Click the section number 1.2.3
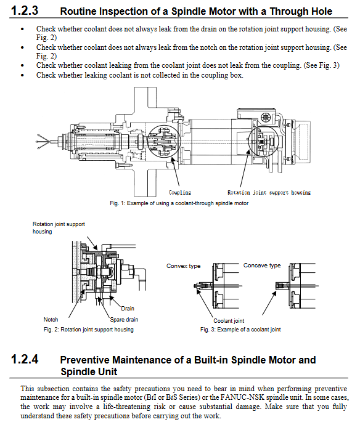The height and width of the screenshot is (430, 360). [x=25, y=10]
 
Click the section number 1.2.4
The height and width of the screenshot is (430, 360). [x=25, y=359]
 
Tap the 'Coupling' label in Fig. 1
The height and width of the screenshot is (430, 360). [x=180, y=193]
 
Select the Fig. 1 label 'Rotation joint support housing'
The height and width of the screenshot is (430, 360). [x=269, y=193]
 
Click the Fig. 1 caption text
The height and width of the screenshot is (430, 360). [x=179, y=203]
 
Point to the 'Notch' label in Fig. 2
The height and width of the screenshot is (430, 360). [x=51, y=320]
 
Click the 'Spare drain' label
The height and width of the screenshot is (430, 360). [x=124, y=320]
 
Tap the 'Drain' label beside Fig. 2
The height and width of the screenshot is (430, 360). [x=128, y=309]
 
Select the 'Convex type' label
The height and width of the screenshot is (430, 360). [x=183, y=266]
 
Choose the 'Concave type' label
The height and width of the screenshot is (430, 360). [x=262, y=266]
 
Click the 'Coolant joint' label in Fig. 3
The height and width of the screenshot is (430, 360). [x=229, y=321]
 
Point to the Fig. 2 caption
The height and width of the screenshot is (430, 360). [x=89, y=330]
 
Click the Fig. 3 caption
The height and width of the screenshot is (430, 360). [x=240, y=330]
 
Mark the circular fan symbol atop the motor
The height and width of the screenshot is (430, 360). [x=266, y=118]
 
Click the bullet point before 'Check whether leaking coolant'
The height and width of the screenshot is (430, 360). [x=22, y=75]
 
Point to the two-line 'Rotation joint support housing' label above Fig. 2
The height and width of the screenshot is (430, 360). [x=59, y=227]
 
